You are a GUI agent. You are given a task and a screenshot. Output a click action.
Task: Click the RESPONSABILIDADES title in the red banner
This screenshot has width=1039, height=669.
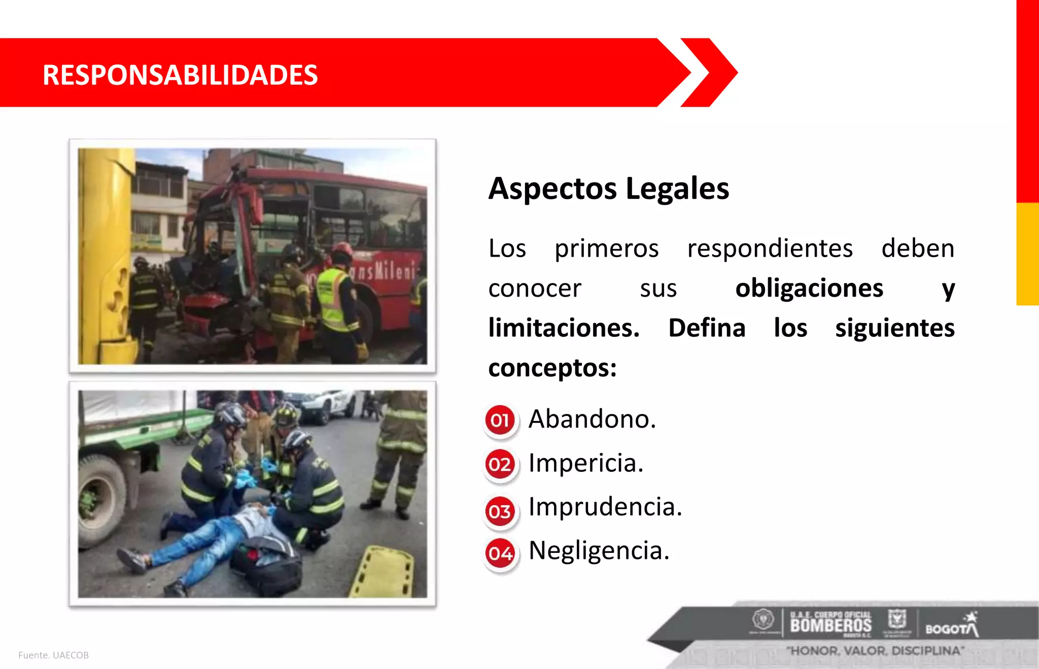(x=180, y=75)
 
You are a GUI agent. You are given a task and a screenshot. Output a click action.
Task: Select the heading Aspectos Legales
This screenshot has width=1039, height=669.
(x=608, y=189)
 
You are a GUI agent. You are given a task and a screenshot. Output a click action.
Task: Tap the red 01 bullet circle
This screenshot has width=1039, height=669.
(x=500, y=420)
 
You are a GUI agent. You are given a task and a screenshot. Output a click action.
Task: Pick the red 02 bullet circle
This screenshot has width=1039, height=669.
(x=500, y=464)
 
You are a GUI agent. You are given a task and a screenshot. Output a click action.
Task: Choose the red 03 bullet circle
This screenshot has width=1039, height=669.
(x=500, y=511)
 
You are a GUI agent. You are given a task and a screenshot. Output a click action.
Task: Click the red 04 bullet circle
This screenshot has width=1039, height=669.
(x=500, y=553)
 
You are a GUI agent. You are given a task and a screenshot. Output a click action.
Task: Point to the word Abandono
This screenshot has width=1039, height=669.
(x=592, y=419)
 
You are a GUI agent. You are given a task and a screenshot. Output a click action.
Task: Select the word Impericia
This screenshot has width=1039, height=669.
(x=586, y=463)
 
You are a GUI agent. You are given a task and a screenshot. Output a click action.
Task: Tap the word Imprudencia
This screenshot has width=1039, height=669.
(x=605, y=507)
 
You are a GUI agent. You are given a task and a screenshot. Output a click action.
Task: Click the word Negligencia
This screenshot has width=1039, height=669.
(x=599, y=551)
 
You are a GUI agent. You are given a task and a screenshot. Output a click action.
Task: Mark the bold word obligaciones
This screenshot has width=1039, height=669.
(x=809, y=288)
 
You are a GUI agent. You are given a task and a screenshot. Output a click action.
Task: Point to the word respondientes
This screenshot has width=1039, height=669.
(x=770, y=249)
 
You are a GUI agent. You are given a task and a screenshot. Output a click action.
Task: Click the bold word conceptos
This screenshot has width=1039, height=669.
(x=552, y=368)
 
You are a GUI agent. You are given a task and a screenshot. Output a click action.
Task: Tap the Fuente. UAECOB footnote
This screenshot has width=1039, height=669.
(x=54, y=655)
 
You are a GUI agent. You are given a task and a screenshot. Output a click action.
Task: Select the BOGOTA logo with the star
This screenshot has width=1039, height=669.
(x=952, y=626)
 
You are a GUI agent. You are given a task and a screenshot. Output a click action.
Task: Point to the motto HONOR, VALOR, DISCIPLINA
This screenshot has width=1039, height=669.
(x=875, y=651)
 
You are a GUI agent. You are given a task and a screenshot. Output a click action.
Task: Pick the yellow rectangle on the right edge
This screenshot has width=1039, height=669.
(x=1027, y=254)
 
